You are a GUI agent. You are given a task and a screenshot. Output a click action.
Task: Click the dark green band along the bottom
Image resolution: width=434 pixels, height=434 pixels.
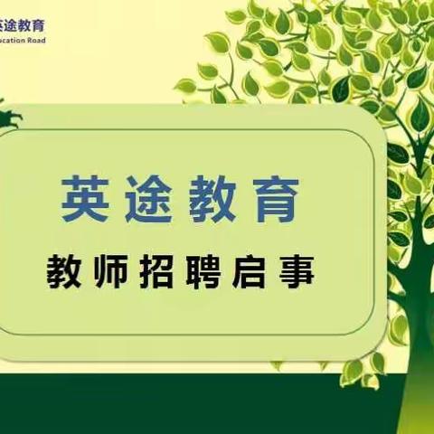click(x=181, y=407)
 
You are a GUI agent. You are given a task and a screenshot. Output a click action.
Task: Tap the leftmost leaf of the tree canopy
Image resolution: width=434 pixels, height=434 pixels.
click(x=184, y=87)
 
